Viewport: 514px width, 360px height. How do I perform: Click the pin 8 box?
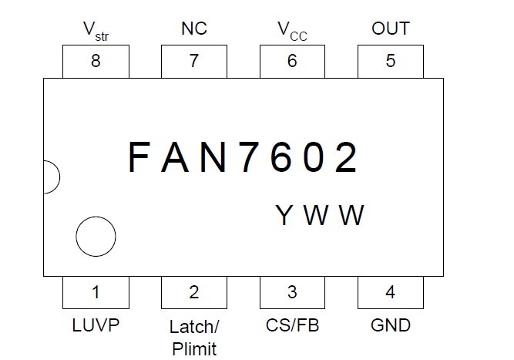pos(95,62)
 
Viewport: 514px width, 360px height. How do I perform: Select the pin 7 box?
pos(193,62)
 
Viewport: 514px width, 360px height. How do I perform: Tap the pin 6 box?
pos(292,62)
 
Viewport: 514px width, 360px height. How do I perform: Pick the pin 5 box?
pos(391,62)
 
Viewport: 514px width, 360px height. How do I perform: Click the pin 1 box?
pos(95,292)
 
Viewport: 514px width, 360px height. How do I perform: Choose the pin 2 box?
pos(193,292)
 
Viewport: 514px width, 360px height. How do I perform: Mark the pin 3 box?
pos(292,292)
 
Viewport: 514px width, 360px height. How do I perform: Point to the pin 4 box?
pos(391,292)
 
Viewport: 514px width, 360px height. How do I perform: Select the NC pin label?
pos(193,29)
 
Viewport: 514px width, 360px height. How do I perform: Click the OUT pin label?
pos(391,29)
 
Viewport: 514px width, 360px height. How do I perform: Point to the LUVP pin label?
pos(96,325)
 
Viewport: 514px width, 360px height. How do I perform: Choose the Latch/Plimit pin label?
pos(193,336)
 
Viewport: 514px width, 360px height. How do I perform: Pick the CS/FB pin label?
pos(292,325)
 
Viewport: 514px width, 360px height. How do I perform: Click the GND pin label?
pos(391,325)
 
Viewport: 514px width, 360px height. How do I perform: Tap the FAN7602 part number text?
pos(244,159)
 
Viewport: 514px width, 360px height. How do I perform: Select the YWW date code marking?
pos(320,215)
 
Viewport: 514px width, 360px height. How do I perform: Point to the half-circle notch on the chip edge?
pos(49,177)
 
